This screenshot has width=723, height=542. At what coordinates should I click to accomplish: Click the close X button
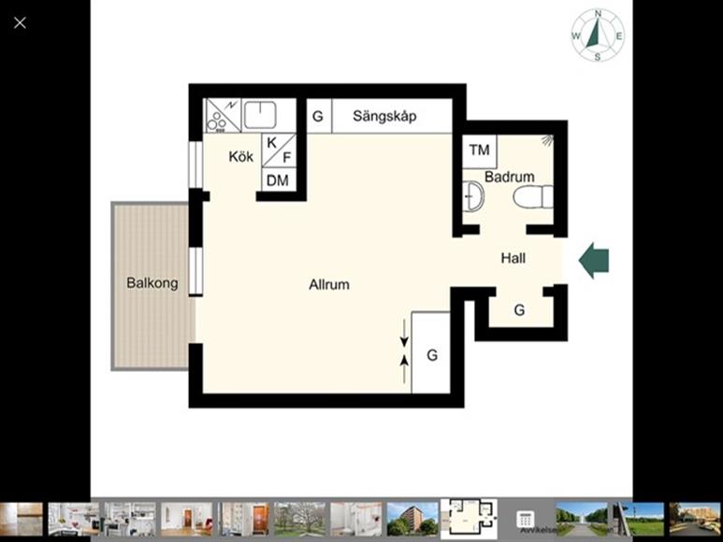(x=20, y=22)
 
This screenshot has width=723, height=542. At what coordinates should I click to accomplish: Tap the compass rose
(x=598, y=35)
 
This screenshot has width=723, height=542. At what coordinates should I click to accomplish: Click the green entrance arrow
(x=594, y=261)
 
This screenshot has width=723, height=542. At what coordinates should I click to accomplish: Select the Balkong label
(x=152, y=283)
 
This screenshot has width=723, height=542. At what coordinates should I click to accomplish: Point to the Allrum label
(x=329, y=285)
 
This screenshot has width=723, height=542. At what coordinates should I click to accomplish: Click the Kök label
(x=241, y=157)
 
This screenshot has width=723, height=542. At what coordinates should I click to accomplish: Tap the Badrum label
(x=510, y=177)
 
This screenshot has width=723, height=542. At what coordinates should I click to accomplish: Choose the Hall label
(x=513, y=258)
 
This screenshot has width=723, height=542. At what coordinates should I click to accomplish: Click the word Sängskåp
(x=384, y=116)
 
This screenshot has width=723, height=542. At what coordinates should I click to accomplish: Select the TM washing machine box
(x=480, y=151)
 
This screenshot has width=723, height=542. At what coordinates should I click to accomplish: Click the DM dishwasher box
(x=279, y=180)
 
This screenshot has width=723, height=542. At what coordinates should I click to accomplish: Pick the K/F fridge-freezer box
(x=279, y=150)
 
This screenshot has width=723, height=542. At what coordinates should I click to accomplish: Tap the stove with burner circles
(x=224, y=116)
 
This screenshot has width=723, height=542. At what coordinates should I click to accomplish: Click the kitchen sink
(x=260, y=115)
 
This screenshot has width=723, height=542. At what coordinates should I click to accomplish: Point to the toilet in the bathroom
(x=533, y=197)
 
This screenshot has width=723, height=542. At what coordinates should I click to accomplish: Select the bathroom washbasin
(x=473, y=196)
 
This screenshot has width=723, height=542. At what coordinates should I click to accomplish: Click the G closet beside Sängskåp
(x=318, y=116)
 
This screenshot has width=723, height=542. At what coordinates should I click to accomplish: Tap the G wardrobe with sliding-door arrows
(x=431, y=353)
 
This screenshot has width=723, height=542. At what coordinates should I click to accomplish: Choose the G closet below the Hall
(x=520, y=310)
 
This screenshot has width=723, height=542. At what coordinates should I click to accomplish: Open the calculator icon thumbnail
(x=526, y=520)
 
